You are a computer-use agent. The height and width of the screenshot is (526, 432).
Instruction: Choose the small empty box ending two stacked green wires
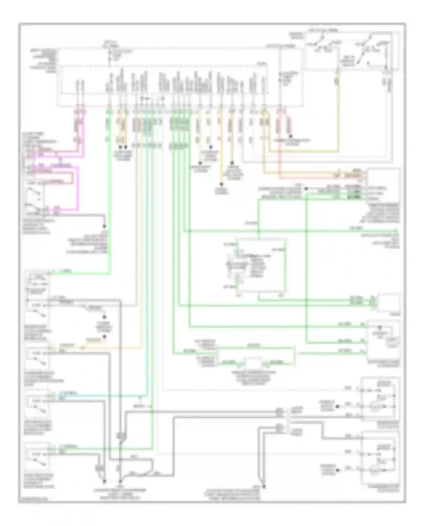389,302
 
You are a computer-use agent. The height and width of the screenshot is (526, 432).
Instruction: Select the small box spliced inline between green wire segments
253,363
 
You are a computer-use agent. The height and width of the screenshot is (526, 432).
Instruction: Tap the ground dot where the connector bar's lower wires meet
264,487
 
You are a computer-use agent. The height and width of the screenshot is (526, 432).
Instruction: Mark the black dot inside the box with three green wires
380,327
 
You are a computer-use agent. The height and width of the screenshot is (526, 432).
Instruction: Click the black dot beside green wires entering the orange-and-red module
306,189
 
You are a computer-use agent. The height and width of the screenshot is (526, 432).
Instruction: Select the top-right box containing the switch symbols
351,50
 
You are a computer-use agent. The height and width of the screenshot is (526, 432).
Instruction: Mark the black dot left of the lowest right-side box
338,470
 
